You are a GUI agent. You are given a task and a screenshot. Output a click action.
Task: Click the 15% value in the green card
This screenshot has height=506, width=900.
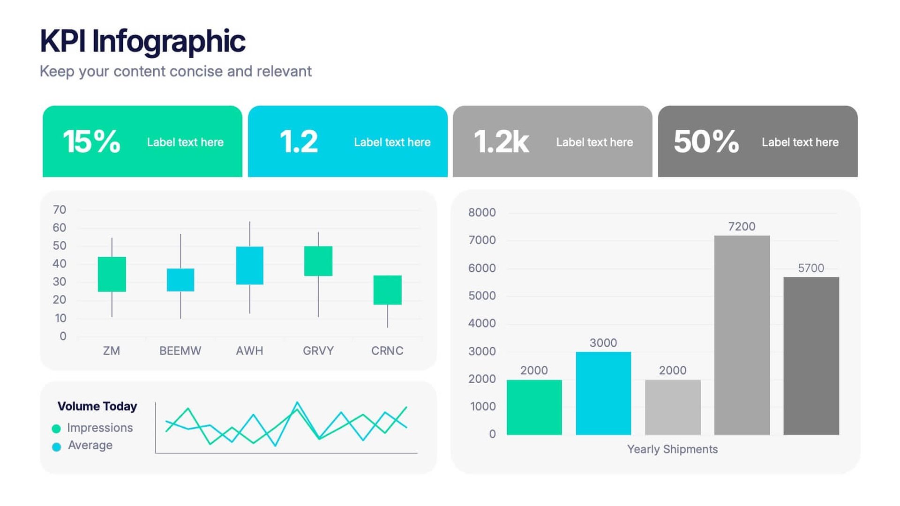click(91, 141)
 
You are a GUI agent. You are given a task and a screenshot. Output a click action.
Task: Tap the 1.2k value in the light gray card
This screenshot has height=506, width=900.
click(501, 141)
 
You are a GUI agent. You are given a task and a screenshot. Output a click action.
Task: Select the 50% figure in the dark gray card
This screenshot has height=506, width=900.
click(706, 141)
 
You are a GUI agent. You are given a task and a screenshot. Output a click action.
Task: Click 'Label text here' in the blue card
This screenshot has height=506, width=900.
click(392, 142)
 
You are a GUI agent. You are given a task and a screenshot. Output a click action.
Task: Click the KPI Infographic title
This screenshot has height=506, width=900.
click(142, 41)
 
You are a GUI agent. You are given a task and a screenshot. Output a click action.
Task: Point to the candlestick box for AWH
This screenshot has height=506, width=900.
click(249, 265)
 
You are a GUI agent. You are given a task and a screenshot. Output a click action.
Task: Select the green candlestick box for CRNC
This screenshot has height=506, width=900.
click(387, 290)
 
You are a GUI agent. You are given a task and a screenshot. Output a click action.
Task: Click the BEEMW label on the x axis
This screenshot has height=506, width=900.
click(180, 350)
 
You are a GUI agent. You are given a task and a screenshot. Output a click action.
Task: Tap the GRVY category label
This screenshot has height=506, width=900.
click(318, 350)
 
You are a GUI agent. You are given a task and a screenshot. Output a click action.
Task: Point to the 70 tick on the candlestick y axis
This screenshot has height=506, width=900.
click(60, 209)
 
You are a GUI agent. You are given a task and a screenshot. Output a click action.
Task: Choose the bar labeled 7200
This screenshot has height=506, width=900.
click(742, 335)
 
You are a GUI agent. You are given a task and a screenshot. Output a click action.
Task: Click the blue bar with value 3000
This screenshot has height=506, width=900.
click(603, 393)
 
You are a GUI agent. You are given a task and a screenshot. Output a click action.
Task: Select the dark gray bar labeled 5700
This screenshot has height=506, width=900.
click(811, 356)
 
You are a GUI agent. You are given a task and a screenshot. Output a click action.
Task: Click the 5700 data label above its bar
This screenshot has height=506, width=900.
click(810, 268)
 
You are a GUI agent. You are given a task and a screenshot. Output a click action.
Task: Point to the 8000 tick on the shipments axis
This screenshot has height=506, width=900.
click(481, 212)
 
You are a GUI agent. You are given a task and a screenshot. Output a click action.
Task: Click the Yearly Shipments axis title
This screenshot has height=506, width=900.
click(672, 449)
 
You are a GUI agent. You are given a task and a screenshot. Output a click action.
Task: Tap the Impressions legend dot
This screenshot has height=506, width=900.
click(56, 428)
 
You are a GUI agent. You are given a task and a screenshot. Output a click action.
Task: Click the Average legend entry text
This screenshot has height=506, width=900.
click(90, 445)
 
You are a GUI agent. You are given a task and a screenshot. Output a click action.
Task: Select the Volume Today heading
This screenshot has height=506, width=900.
click(97, 406)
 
